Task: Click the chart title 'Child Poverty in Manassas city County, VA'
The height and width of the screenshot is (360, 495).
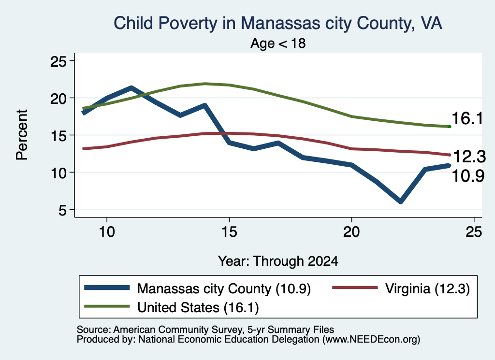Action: tap(278, 23)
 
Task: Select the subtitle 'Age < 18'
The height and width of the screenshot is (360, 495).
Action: tap(278, 43)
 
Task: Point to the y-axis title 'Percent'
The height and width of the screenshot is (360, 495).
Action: tap(22, 135)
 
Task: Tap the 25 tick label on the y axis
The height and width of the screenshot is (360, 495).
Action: tap(58, 61)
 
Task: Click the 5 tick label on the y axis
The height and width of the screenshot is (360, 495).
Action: tap(62, 210)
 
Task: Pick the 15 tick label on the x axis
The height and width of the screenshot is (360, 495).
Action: tap(229, 232)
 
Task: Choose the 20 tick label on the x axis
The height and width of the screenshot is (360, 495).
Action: tap(351, 232)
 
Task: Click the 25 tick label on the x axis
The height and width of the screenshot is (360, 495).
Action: tap(474, 232)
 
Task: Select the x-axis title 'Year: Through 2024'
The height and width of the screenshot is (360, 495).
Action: tap(278, 261)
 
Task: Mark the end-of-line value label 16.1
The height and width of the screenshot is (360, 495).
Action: tap(467, 119)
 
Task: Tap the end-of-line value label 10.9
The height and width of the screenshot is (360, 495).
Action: tap(468, 176)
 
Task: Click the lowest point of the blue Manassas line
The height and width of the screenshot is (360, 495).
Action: tap(401, 202)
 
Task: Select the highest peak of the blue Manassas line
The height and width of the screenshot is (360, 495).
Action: tap(131, 88)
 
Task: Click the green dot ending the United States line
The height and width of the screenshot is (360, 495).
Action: tap(450, 127)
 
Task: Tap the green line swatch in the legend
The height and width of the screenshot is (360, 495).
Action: tap(107, 306)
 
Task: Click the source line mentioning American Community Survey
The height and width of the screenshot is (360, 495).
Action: tap(205, 330)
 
